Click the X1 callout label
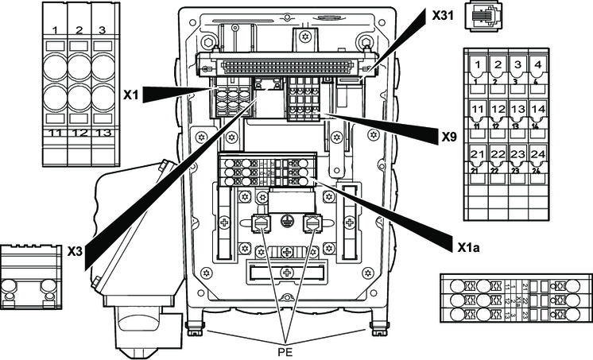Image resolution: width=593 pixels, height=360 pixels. pos(131,93)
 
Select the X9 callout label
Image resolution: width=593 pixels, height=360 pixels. pos(450,136)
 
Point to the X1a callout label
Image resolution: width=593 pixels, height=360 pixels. pos(468,246)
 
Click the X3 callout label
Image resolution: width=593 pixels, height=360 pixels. pos(75,250)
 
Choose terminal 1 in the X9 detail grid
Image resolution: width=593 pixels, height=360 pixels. pos(477,64)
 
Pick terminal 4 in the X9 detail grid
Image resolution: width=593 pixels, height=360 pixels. pos(538,64)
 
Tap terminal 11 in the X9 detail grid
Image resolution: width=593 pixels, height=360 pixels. pos(477,110)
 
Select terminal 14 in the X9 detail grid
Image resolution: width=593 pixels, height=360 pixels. pos(538,110)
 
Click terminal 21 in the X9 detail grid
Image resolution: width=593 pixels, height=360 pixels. pos(477,154)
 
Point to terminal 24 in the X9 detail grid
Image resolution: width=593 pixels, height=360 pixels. pos(538,154)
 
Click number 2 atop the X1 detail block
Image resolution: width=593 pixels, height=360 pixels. pos(79,30)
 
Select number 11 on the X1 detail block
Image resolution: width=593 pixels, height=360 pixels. pos(56,132)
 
